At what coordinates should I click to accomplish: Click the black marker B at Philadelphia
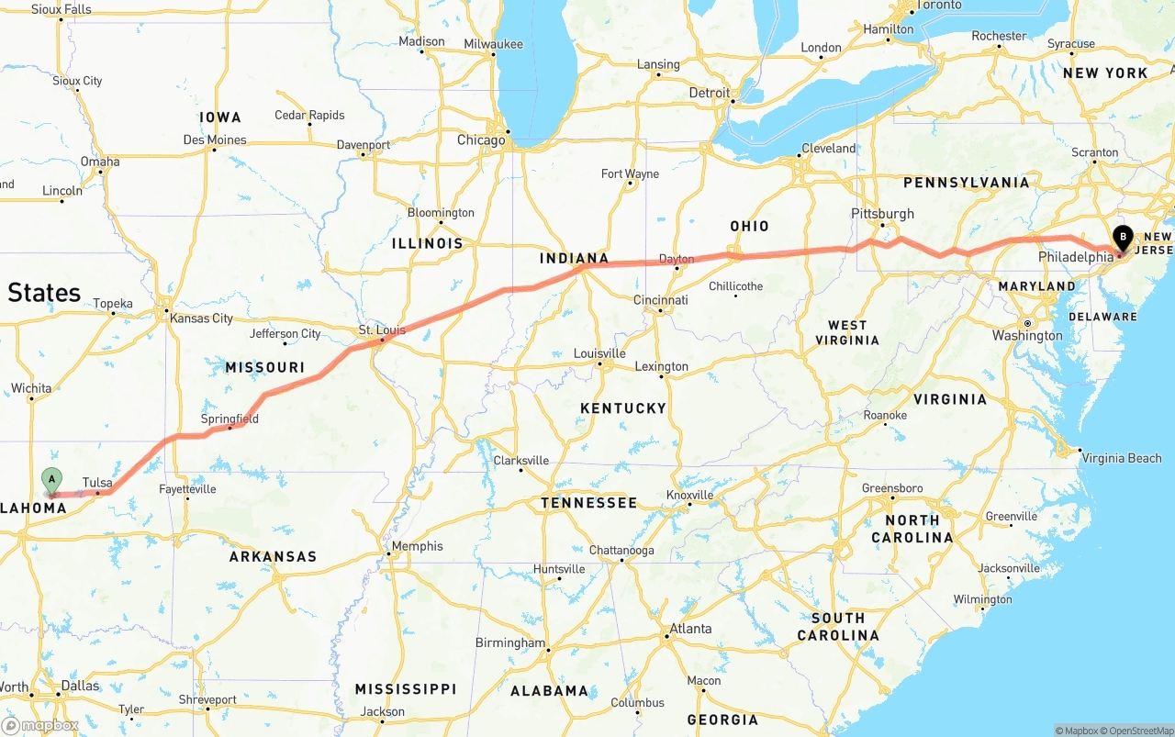(x=1123, y=239)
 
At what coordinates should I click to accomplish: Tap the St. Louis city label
(x=376, y=329)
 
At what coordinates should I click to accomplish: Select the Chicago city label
(x=481, y=140)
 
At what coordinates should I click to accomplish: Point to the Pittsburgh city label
(x=882, y=214)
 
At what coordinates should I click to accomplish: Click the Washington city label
(x=1027, y=336)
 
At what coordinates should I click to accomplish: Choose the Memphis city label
(x=417, y=546)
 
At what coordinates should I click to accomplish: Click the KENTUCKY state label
(x=622, y=408)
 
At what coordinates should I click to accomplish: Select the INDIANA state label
(x=574, y=258)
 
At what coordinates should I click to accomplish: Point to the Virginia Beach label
(x=1121, y=458)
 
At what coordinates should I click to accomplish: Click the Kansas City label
(x=201, y=318)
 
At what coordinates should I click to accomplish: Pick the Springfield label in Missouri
(x=229, y=419)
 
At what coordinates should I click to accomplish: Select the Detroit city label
(x=710, y=93)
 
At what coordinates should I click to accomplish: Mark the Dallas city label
(x=80, y=686)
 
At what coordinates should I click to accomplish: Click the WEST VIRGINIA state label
(x=846, y=332)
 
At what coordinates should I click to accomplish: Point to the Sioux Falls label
(x=62, y=9)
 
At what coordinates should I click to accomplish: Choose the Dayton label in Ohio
(x=677, y=259)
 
